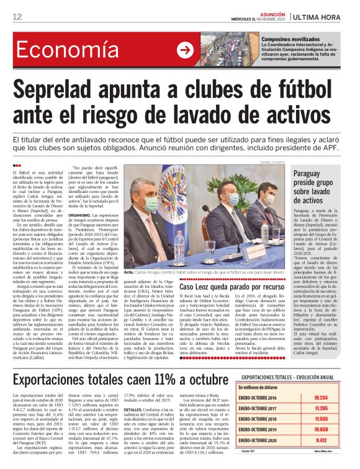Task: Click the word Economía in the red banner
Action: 60,51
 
